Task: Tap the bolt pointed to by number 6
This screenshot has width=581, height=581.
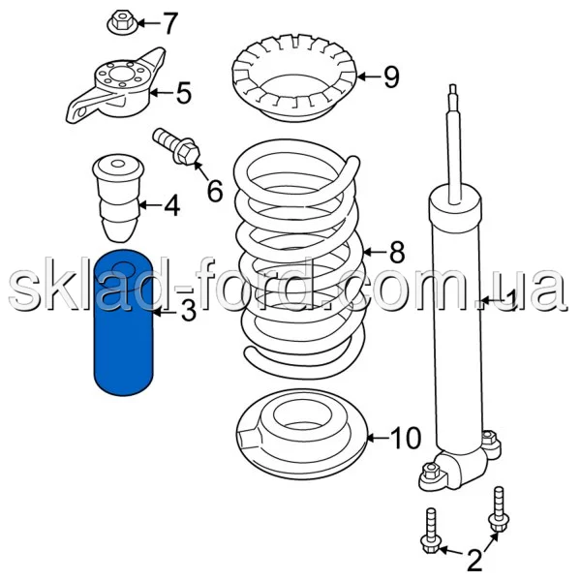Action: (177, 147)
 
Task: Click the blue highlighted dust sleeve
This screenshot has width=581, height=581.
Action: (123, 322)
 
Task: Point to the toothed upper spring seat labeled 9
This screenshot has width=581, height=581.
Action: (294, 77)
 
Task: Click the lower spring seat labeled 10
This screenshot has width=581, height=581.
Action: (301, 434)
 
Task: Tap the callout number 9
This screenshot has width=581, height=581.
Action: (391, 77)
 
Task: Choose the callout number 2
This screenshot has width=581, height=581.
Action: (474, 561)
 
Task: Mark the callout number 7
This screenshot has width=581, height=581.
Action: (170, 23)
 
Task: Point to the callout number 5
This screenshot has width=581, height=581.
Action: (184, 93)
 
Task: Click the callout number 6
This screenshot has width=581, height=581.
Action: (215, 191)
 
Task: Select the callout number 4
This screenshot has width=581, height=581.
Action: (172, 205)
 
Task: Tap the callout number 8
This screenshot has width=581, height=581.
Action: (397, 253)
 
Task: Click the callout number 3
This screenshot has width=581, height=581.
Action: (188, 311)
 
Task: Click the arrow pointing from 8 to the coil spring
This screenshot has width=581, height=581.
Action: (375, 253)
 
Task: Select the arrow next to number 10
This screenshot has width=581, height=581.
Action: (378, 439)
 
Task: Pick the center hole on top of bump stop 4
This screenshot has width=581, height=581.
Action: (118, 164)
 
